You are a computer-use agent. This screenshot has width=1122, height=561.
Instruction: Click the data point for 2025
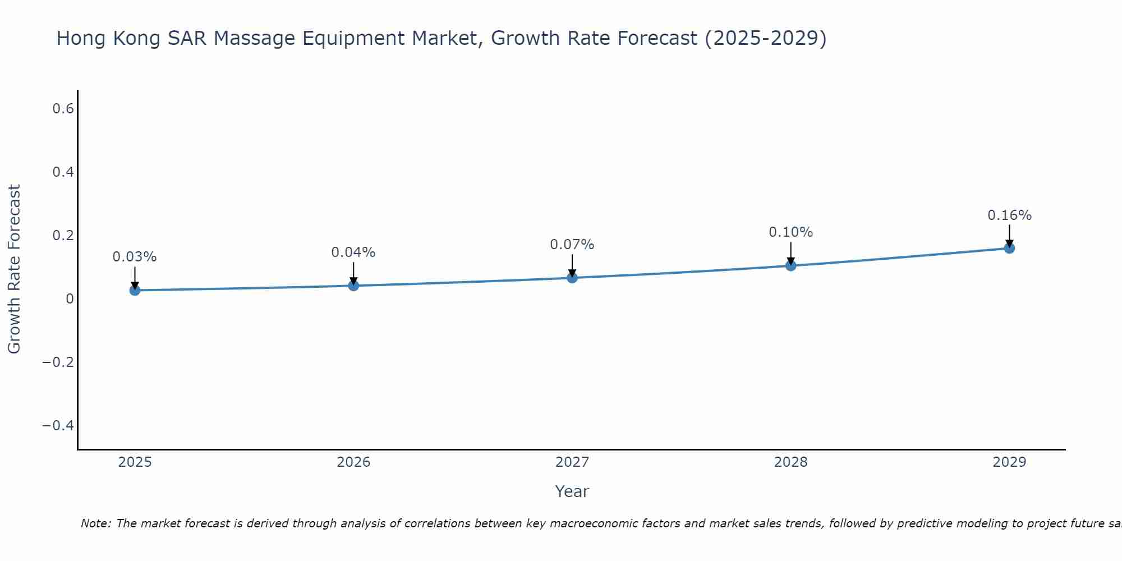point(135,290)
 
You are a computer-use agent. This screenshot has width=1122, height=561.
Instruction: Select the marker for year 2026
point(353,286)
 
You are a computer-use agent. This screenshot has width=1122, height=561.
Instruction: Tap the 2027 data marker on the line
point(572,278)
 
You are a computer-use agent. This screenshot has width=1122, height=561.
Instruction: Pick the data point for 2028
point(791,265)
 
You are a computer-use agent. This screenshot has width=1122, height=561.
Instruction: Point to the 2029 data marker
point(1009,248)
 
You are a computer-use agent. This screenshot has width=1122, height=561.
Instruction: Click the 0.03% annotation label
point(135,257)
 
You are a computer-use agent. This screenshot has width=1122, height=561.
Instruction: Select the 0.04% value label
point(353,252)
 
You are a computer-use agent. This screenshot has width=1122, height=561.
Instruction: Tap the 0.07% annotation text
point(572,245)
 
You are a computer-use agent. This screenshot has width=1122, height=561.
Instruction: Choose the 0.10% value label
point(791,232)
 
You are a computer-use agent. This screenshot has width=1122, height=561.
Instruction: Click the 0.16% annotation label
point(1009,215)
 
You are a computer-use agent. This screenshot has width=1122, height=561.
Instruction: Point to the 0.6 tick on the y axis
point(63,109)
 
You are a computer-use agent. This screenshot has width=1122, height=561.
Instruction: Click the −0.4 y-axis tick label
point(58,426)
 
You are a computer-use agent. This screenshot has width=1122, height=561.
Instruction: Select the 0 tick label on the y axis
point(70,299)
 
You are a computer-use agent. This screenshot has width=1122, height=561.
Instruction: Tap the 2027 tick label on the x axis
point(572,462)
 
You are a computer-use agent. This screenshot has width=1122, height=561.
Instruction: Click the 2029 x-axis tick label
point(1009,462)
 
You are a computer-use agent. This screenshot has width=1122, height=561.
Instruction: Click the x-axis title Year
point(572,491)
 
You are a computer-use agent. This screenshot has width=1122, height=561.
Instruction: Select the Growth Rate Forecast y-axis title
point(15,269)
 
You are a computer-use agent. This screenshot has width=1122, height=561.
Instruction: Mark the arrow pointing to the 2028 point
point(791,252)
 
